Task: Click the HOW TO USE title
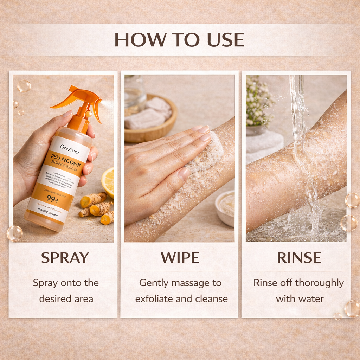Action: [179, 39]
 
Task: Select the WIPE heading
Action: [180, 258]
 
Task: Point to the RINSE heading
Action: [299, 258]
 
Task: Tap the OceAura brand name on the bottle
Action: [70, 147]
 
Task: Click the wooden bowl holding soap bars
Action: [151, 123]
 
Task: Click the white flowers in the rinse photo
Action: [258, 102]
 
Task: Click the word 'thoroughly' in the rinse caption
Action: [320, 283]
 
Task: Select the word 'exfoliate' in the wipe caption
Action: [153, 299]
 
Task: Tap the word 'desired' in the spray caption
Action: [51, 299]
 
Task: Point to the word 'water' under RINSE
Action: [310, 299]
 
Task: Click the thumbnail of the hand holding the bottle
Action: [63, 158]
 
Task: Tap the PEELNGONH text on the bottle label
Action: [66, 157]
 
